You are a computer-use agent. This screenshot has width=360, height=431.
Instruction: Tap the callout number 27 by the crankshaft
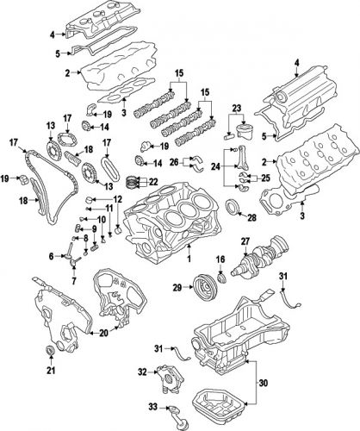(x=245, y=241)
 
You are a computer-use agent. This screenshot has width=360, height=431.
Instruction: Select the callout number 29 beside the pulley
(x=177, y=286)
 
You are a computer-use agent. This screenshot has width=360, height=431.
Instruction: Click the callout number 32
(x=141, y=372)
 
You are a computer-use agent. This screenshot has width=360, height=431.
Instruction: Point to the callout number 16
(x=118, y=200)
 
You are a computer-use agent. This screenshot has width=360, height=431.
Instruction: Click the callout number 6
(x=51, y=255)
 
